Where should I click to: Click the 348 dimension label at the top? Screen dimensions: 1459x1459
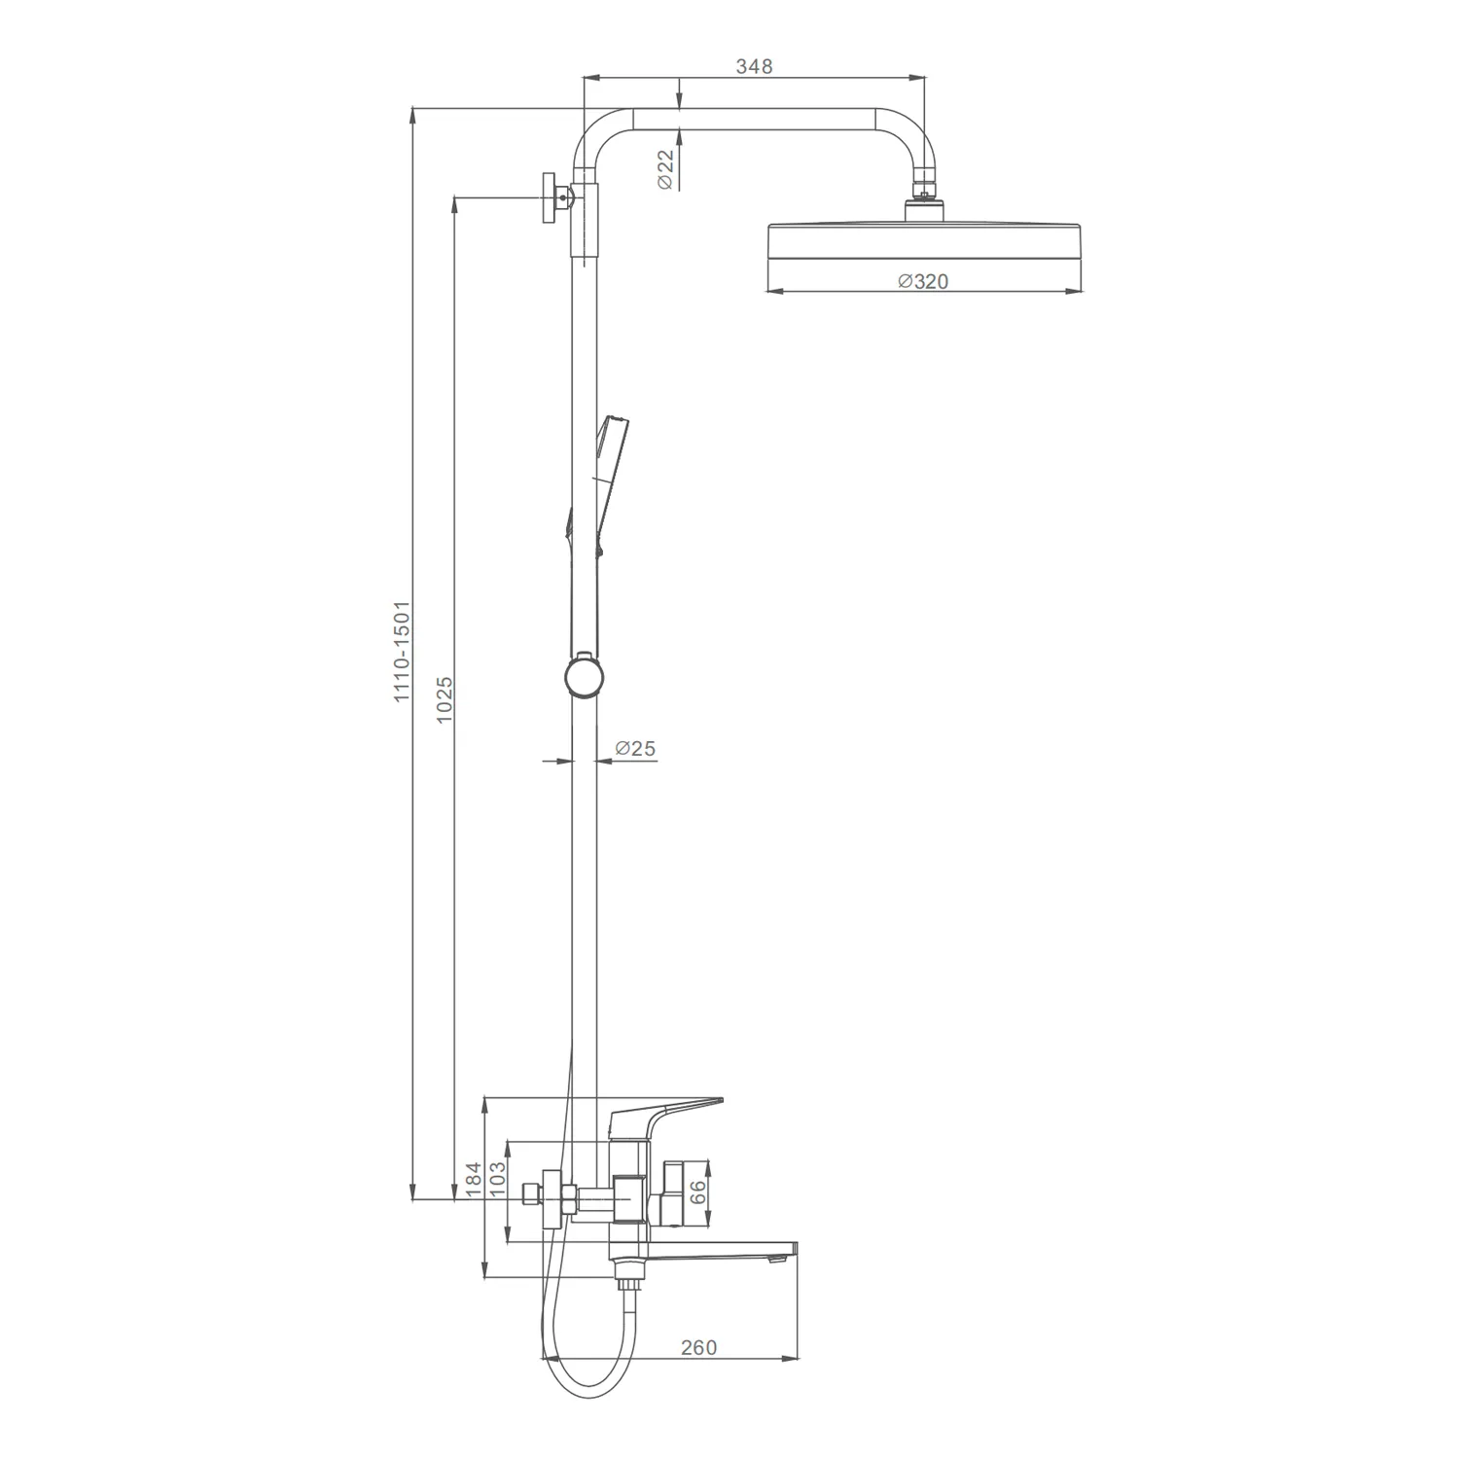pyautogui.click(x=754, y=66)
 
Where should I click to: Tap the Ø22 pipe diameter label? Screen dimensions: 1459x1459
pyautogui.click(x=665, y=169)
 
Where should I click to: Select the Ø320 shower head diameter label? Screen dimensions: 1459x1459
pyautogui.click(x=923, y=281)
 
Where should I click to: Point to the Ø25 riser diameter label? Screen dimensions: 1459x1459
pyautogui.click(x=636, y=748)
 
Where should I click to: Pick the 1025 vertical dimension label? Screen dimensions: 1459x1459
pyautogui.click(x=445, y=699)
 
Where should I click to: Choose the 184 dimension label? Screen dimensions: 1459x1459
pyautogui.click(x=474, y=1179)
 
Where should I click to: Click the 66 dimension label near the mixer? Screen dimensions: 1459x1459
pyautogui.click(x=698, y=1193)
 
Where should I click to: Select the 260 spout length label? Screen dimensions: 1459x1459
pyautogui.click(x=698, y=1347)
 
